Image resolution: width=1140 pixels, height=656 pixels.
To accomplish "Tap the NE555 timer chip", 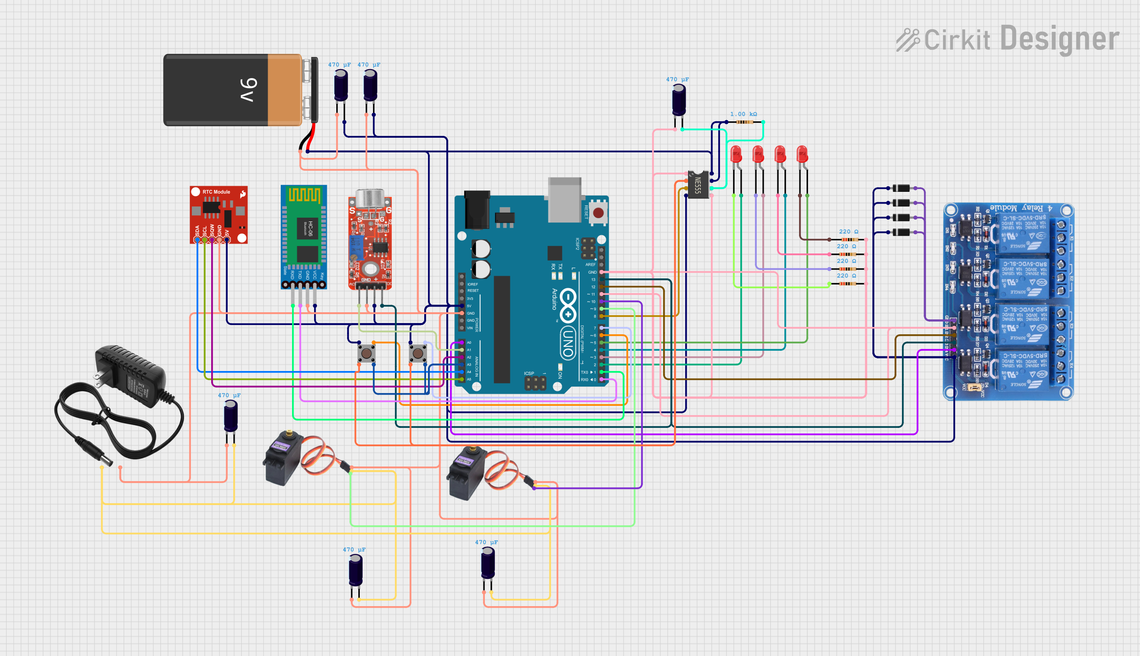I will coord(698,184).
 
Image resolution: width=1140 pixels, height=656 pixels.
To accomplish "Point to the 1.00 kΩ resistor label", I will coord(743,114).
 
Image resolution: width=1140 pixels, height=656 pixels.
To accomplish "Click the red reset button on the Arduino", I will coord(598,213).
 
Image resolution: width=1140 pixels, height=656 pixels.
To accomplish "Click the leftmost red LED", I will coord(736,155).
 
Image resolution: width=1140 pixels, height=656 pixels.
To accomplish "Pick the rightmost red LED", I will coord(802,155).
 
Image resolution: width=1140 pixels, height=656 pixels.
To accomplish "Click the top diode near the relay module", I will coord(901,188).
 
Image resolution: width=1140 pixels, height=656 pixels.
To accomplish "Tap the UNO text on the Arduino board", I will coord(568,343).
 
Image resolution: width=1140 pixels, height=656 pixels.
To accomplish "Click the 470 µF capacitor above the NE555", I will coord(679,100).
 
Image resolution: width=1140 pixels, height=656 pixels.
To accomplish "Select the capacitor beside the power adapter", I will coord(230,416).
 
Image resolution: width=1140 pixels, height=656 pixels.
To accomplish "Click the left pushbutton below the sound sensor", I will coord(366,353).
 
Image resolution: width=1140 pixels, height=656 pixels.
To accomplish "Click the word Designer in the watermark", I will coord(1060,39).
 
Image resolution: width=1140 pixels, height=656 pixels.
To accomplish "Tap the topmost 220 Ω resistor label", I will coord(848,232).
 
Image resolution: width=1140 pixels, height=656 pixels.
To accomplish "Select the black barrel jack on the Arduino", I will coord(477,210).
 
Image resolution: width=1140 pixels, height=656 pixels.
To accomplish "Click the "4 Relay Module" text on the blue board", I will coord(1021,208).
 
